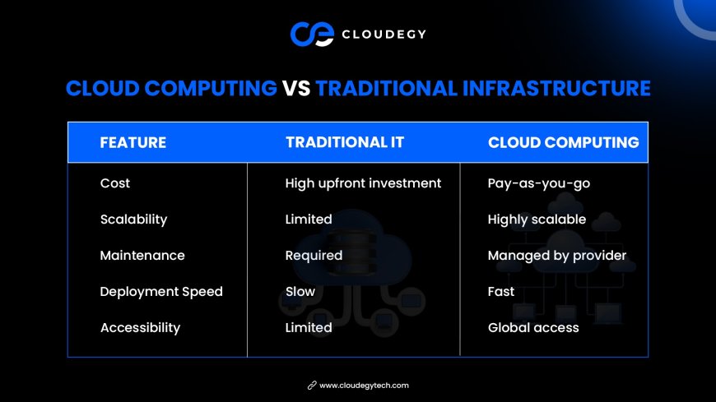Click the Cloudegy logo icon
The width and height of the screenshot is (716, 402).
click(x=312, y=34)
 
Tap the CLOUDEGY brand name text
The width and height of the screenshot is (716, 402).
click(x=384, y=35)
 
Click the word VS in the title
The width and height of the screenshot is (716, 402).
click(x=296, y=89)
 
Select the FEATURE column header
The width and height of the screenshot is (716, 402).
click(x=133, y=142)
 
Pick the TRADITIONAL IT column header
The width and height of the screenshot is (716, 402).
click(x=345, y=142)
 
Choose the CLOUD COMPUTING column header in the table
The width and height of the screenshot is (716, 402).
click(x=564, y=142)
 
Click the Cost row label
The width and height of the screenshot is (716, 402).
click(x=115, y=183)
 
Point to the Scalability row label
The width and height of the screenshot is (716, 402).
click(x=134, y=219)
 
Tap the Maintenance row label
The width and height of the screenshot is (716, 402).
click(x=142, y=255)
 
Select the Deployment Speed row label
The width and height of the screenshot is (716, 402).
click(x=161, y=292)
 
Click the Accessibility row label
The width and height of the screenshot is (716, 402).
click(x=140, y=328)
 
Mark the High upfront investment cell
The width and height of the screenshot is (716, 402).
click(x=363, y=183)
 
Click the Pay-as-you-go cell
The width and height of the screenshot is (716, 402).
click(x=539, y=183)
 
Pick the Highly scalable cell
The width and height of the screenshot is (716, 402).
click(x=537, y=219)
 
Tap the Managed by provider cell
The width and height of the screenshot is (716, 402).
click(x=557, y=256)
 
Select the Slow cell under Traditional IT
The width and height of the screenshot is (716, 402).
click(x=300, y=292)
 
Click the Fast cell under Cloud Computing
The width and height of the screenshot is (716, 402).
click(x=501, y=292)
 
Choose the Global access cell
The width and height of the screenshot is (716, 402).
click(x=533, y=328)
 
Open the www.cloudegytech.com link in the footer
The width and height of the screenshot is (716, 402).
click(x=364, y=386)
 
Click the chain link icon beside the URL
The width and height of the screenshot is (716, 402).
click(x=312, y=386)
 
